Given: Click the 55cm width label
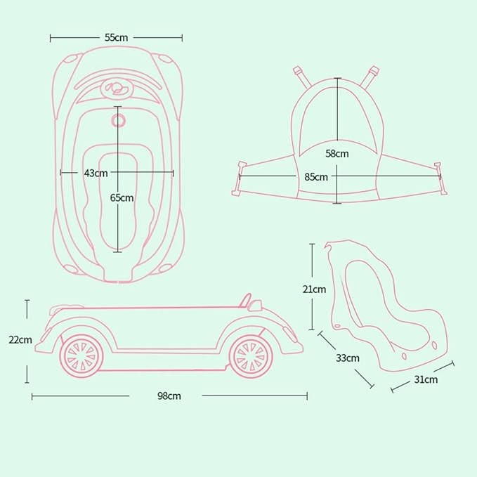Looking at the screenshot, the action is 116,38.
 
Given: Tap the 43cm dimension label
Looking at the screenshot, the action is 96,173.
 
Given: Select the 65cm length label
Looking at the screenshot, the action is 122,197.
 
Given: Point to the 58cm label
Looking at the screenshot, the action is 337,154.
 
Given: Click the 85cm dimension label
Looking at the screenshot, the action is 316,177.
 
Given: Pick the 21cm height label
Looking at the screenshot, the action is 314,289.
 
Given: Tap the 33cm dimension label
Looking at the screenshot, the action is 348,358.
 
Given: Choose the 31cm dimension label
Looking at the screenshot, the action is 426,379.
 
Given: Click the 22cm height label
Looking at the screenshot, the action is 20,340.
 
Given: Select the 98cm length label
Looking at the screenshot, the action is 169,396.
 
